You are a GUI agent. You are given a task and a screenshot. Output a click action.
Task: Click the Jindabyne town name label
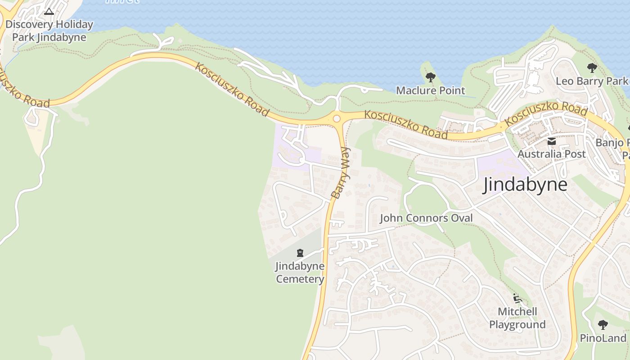[525, 185]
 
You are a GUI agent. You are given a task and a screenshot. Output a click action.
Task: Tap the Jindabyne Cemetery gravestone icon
[300, 253]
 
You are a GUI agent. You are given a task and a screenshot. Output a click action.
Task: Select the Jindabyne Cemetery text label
[300, 272]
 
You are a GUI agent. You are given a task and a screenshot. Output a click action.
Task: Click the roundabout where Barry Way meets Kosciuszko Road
[336, 119]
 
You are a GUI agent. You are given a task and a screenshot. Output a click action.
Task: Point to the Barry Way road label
[341, 173]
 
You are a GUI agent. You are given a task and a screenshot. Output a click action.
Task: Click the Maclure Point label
[430, 90]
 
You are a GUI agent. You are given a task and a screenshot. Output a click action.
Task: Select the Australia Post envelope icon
[552, 141]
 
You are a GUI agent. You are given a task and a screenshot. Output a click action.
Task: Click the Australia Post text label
[552, 154]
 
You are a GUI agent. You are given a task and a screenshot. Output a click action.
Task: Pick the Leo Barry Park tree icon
[592, 68]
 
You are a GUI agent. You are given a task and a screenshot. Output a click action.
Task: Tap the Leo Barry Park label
[592, 81]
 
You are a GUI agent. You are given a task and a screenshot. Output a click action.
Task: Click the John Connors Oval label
[426, 218]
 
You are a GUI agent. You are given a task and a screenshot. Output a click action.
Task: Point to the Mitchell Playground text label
[517, 318]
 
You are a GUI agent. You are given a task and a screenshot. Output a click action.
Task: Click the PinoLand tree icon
[603, 325]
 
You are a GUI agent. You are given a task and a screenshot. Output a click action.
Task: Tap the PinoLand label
[603, 338]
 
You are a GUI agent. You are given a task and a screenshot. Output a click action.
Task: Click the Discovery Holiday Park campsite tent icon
[49, 11]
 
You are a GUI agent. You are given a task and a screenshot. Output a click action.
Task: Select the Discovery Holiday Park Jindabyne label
[49, 31]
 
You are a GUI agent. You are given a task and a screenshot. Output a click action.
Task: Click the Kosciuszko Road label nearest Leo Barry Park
[546, 113]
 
